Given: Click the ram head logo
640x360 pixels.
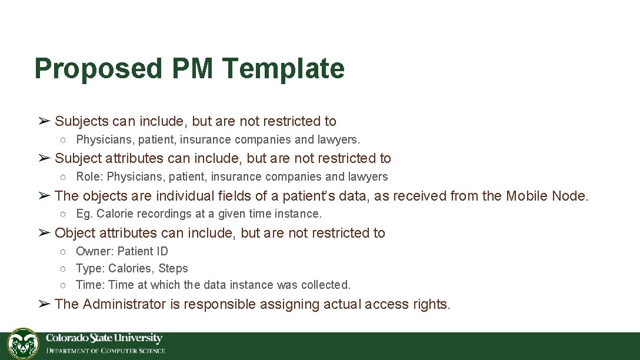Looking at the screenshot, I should click(23, 344).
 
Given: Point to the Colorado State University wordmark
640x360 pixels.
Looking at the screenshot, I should click(104, 338).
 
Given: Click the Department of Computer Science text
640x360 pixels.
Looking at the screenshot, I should click(106, 351).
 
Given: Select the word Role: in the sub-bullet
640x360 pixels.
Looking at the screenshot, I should click(90, 176).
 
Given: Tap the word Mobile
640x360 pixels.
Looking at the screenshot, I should click(527, 196).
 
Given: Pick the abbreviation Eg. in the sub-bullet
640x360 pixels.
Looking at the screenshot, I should click(85, 214).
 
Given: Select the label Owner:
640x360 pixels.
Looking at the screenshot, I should click(95, 251).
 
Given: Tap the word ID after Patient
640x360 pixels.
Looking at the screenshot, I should click(162, 251).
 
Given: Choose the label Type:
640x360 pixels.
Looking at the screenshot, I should click(90, 268).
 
